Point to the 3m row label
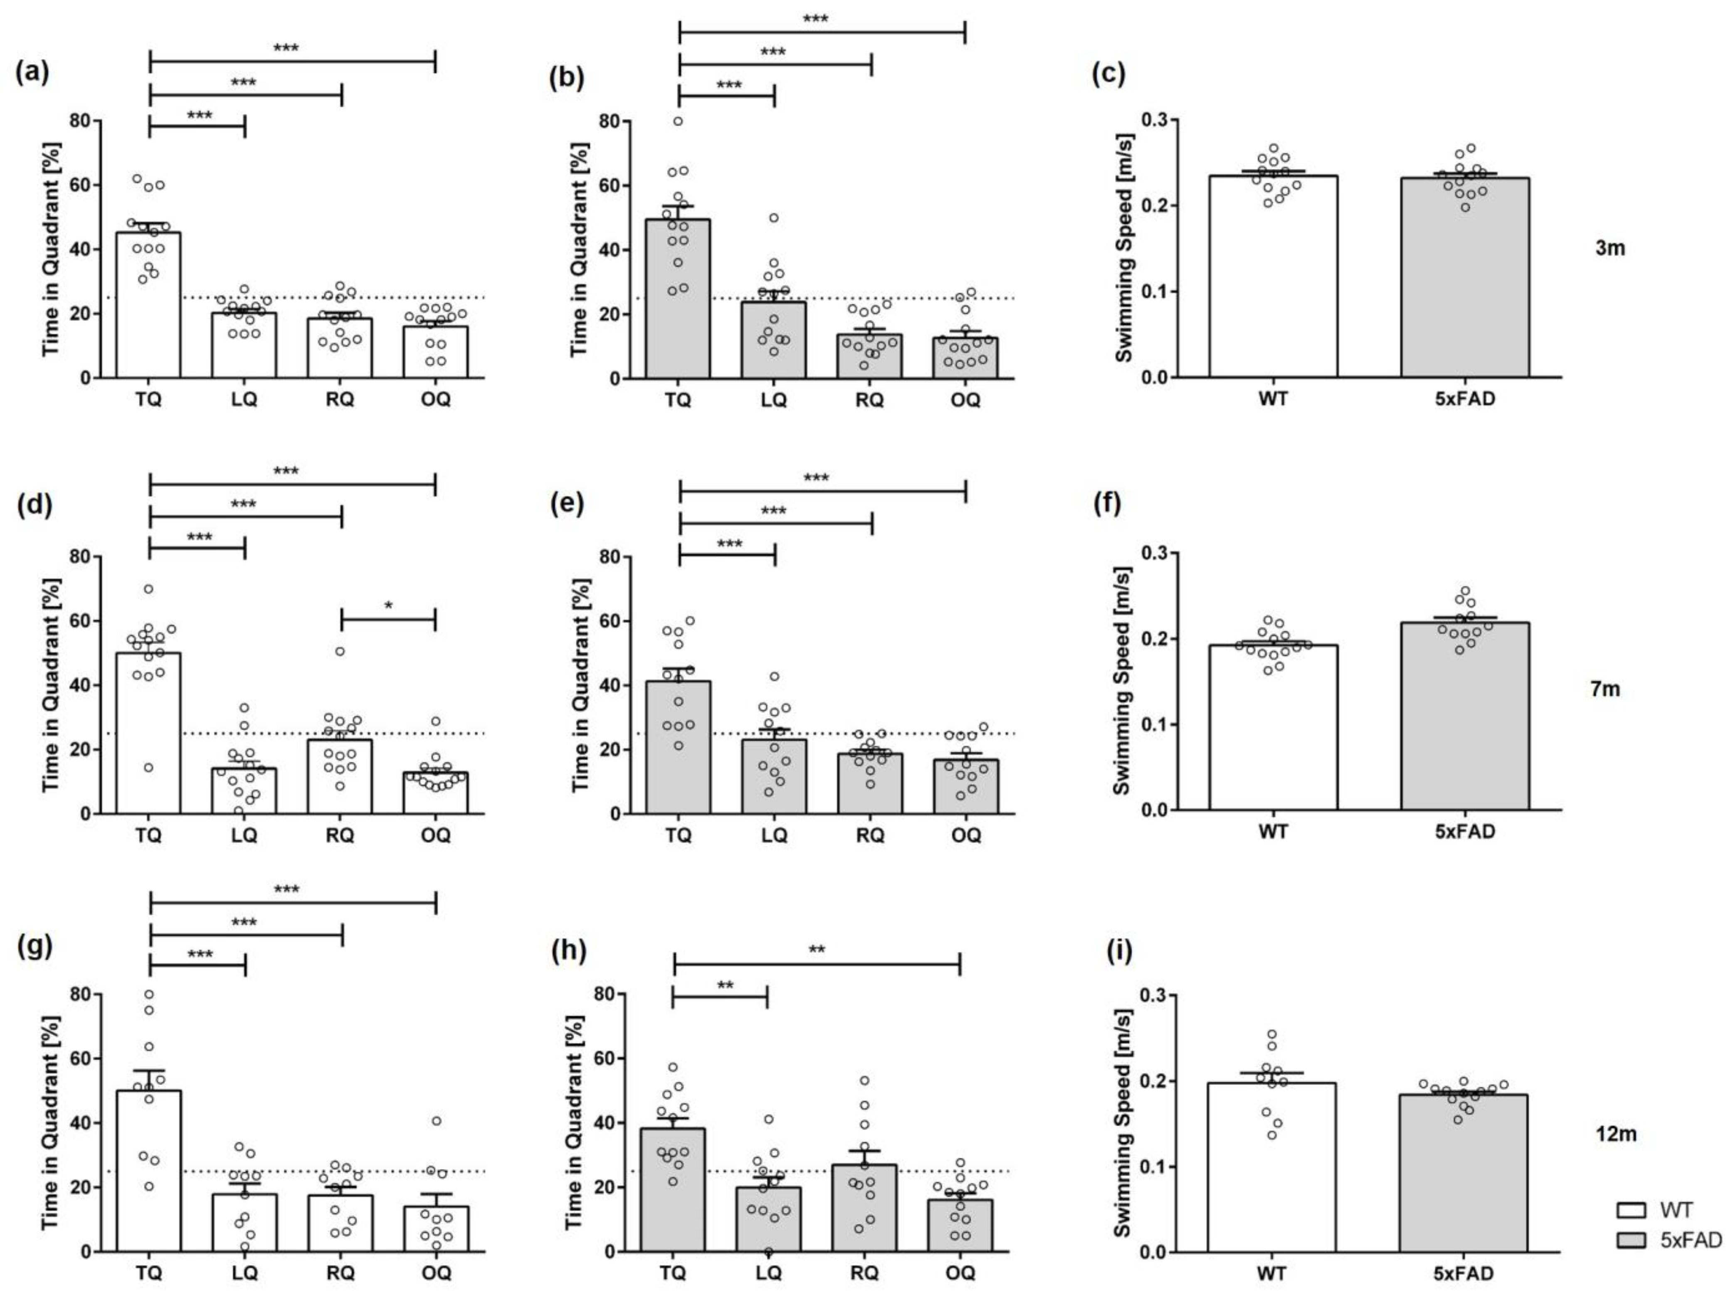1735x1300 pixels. [x=1610, y=249]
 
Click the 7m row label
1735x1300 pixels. [x=1605, y=690]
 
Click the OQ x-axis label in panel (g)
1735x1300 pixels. [x=436, y=1273]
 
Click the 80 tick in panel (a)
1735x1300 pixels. [x=80, y=121]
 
